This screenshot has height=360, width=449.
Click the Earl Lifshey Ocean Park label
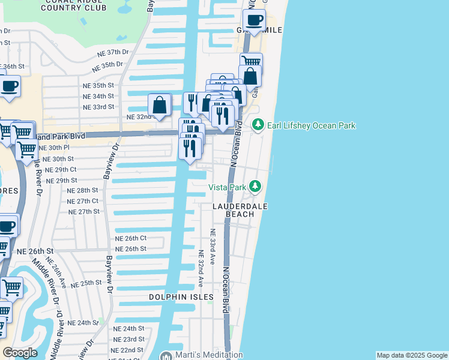click(312, 125)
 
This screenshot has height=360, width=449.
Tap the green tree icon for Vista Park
click(256, 187)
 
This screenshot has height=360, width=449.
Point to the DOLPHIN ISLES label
click(181, 297)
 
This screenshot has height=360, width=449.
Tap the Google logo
click(20, 353)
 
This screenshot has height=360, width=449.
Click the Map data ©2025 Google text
click(412, 355)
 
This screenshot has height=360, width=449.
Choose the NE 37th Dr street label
click(113, 53)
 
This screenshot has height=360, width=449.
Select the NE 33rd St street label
click(98, 107)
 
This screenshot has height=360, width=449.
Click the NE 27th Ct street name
click(83, 201)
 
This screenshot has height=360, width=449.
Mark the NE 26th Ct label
click(131, 238)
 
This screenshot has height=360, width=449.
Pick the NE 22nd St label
click(127, 350)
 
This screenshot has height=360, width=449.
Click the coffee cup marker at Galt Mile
click(255, 20)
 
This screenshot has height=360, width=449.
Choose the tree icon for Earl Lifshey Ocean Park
click(258, 125)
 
